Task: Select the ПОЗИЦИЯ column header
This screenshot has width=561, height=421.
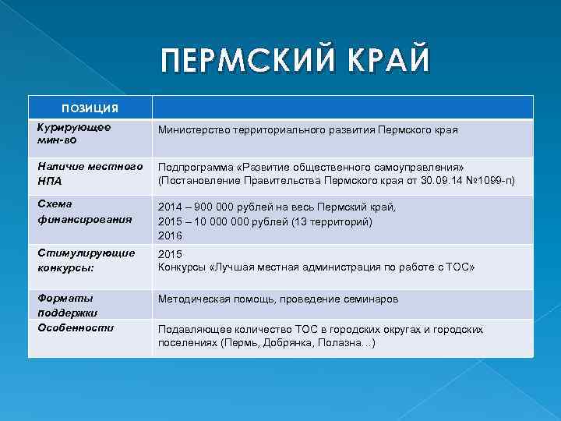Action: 90,108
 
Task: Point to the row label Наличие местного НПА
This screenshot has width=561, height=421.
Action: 86,172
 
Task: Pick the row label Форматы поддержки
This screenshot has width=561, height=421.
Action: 68,305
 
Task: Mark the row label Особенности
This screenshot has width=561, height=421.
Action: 76,327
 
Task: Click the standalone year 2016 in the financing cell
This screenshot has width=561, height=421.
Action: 170,235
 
